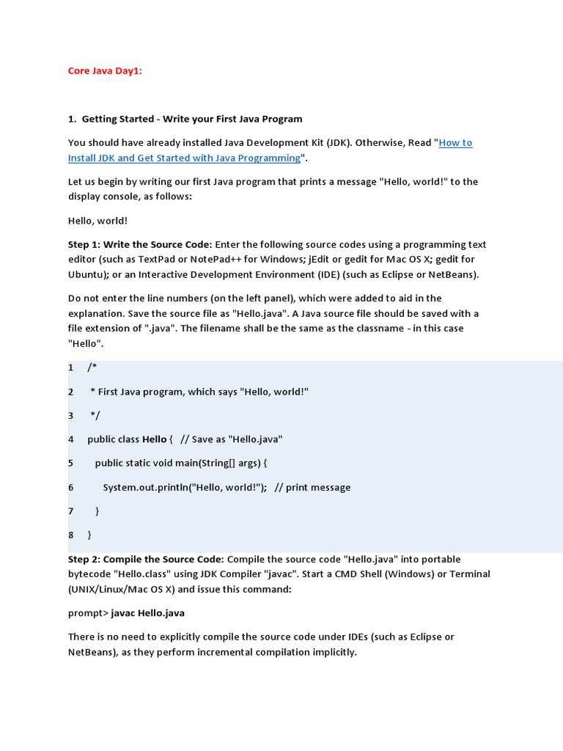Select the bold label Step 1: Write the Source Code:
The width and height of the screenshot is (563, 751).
pyautogui.click(x=140, y=244)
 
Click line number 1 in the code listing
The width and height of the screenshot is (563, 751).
pyautogui.click(x=71, y=367)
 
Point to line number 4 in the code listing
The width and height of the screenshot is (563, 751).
pyautogui.click(x=71, y=439)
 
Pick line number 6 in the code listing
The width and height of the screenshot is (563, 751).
pyautogui.click(x=71, y=488)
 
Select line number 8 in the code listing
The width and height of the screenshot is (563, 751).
pyautogui.click(x=71, y=535)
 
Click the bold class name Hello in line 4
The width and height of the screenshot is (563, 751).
pyautogui.click(x=154, y=439)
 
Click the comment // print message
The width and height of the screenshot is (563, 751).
pyautogui.click(x=312, y=488)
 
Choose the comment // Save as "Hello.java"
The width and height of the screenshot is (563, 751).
pyautogui.click(x=231, y=439)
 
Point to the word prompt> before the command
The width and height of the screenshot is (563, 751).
pyautogui.click(x=88, y=613)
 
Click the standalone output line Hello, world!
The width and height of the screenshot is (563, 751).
pyautogui.click(x=97, y=221)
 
